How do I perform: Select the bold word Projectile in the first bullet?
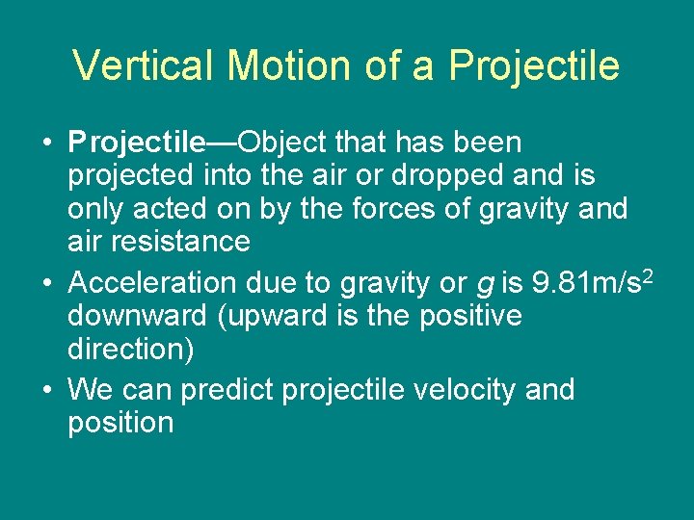pyautogui.click(x=137, y=143)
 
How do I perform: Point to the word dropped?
pyautogui.click(x=458, y=176)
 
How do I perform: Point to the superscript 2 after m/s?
pyautogui.click(x=651, y=276)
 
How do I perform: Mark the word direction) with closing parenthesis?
pyautogui.click(x=130, y=349)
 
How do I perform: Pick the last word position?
pyautogui.click(x=120, y=423)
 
